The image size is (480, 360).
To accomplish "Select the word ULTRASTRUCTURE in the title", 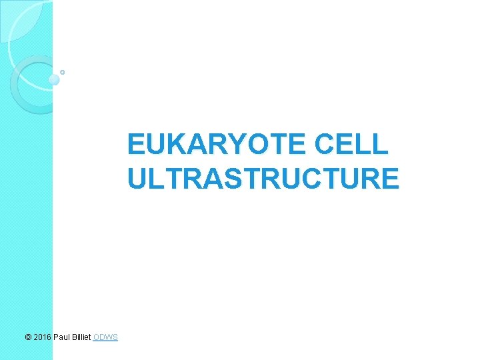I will (x=263, y=179).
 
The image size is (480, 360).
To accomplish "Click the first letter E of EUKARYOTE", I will (x=136, y=144).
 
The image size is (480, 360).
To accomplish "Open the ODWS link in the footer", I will (x=106, y=337).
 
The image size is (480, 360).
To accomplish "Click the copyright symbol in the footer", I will (x=27, y=337).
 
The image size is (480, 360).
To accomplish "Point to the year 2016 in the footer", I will (x=42, y=337).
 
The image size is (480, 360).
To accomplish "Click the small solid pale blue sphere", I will (x=54, y=80).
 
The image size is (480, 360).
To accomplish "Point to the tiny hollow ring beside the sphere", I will (x=62, y=71).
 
